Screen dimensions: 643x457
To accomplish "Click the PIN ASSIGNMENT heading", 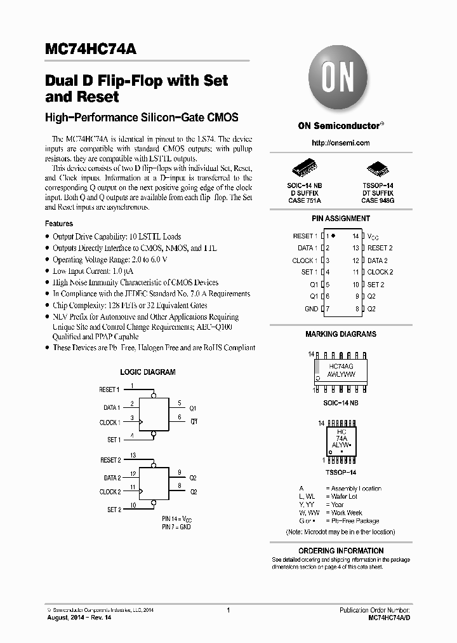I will (x=341, y=219).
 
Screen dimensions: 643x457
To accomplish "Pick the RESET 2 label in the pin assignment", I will (x=380, y=248).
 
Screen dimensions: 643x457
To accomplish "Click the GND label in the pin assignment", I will (x=311, y=309).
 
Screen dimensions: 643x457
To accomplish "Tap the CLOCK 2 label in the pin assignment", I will (x=380, y=272).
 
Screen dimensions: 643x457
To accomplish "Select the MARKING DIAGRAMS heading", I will (x=341, y=334).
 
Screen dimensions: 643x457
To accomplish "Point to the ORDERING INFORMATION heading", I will (x=341, y=550).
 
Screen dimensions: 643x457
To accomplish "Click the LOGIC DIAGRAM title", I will (x=148, y=372).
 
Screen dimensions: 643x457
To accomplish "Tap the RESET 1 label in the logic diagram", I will (x=109, y=389).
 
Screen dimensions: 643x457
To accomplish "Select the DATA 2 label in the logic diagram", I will (x=112, y=478).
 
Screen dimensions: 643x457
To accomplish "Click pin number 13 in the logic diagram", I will (x=133, y=456).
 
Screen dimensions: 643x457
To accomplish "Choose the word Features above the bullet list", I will (x=59, y=224).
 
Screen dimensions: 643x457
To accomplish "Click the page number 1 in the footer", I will (x=227, y=610).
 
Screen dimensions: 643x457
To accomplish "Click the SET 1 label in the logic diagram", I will (x=113, y=440).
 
